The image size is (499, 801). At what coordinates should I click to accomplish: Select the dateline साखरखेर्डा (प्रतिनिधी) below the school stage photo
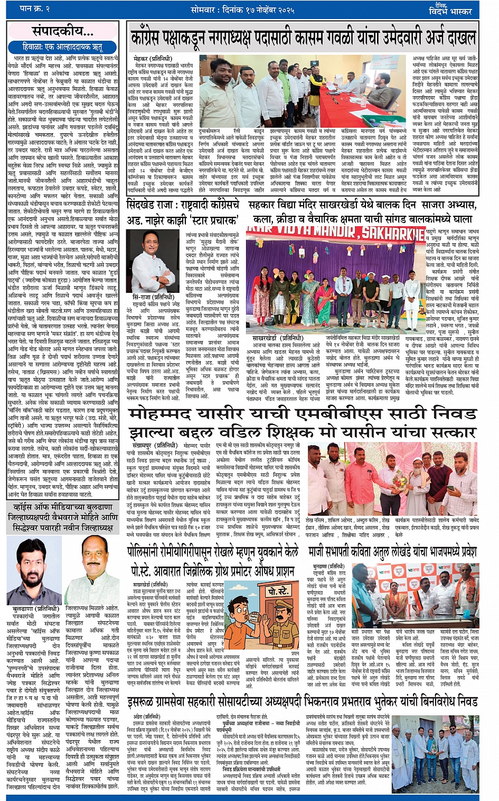tap(274, 337)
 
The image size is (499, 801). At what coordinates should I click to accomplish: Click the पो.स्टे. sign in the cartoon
tap(278, 591)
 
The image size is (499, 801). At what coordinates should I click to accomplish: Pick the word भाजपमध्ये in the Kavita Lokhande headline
tap(430, 553)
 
